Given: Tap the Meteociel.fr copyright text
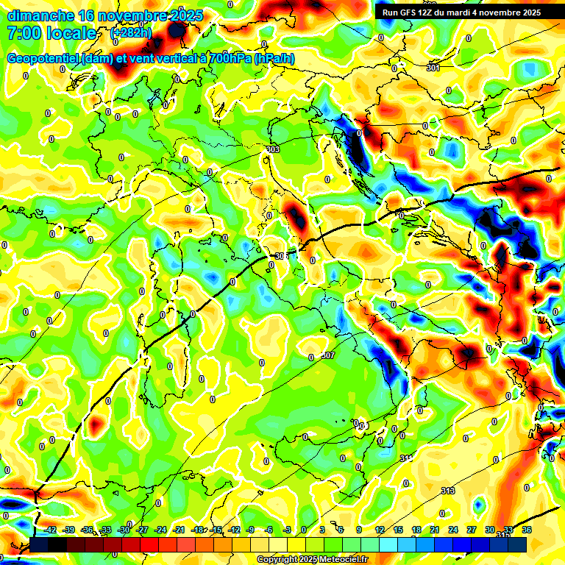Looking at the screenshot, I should (x=312, y=560).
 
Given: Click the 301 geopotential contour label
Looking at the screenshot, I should (x=433, y=68).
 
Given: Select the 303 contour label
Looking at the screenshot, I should (x=273, y=149).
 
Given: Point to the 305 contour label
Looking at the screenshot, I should (x=279, y=256).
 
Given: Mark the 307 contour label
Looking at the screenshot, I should (x=328, y=355).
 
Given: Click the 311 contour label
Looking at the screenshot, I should (x=406, y=458).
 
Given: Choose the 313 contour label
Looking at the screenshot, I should (x=448, y=491).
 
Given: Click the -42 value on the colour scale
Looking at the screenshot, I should (x=51, y=530).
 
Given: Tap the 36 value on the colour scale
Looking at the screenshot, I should (x=527, y=530).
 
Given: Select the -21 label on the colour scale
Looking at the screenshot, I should (x=180, y=530).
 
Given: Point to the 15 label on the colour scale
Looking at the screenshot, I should (x=398, y=530).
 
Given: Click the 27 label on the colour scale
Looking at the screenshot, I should (x=472, y=530).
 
